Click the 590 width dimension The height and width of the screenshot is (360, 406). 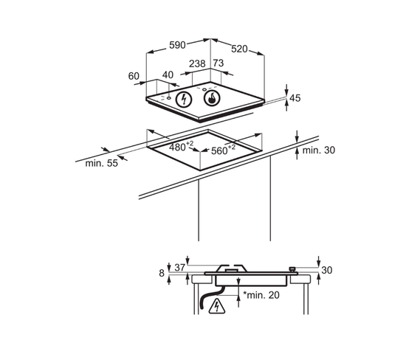click(177, 45)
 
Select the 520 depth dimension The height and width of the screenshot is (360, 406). click(239, 49)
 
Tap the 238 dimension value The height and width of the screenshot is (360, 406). click(197, 63)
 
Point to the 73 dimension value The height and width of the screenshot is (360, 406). click(219, 63)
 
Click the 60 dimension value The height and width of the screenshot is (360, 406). click(134, 76)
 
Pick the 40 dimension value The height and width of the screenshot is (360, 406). click(168, 75)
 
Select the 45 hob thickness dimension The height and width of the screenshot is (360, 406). click(295, 98)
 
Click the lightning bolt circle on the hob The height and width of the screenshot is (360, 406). click(184, 100)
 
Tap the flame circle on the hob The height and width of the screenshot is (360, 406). click(212, 98)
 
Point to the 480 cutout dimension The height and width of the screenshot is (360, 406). click(181, 146)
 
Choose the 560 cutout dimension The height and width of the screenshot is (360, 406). click(223, 150)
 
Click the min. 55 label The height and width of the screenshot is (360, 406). click(102, 163)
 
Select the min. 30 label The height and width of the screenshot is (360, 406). click(318, 150)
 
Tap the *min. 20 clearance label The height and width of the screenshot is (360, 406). click(261, 295)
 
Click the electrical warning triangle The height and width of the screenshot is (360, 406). click(217, 306)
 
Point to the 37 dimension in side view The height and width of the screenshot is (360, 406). click(179, 267)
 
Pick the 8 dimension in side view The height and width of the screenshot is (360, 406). click(162, 273)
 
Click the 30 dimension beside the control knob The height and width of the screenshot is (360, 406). click(326, 270)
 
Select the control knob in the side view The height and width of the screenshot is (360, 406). click(292, 269)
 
